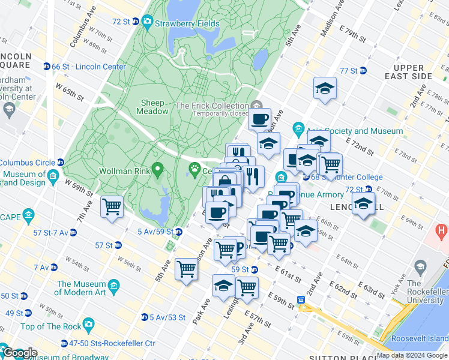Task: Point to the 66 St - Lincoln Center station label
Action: coord(89,67)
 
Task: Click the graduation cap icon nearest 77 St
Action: coord(325,89)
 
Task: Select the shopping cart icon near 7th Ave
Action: coord(112,207)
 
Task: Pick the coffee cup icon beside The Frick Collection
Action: coord(259,119)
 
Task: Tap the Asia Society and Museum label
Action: coord(354,131)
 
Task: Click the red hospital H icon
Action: coord(443,230)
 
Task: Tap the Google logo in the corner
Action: coord(19,353)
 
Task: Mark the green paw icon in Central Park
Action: coord(194,169)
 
